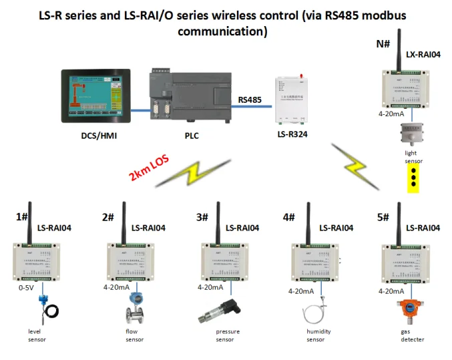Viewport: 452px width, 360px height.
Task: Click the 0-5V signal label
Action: (25, 289)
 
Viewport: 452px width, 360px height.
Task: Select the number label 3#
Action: (203, 218)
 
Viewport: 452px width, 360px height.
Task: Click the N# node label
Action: (383, 44)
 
